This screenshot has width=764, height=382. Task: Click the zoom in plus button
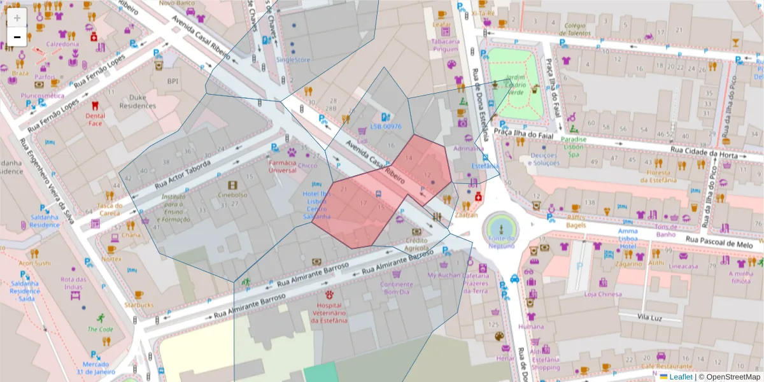17,17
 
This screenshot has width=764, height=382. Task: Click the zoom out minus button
17,38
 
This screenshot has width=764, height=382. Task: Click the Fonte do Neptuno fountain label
500,242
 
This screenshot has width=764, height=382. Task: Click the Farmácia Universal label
282,166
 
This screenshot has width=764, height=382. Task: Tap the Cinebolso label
232,195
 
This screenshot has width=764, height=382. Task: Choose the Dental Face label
95,119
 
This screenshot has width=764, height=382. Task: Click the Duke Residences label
138,103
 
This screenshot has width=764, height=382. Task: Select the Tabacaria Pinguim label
445,44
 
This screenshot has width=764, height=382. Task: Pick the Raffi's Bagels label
576,221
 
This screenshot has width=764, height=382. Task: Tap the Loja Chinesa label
602,294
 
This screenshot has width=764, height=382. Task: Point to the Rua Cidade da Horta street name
707,151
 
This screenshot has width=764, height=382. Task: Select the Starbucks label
139,305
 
